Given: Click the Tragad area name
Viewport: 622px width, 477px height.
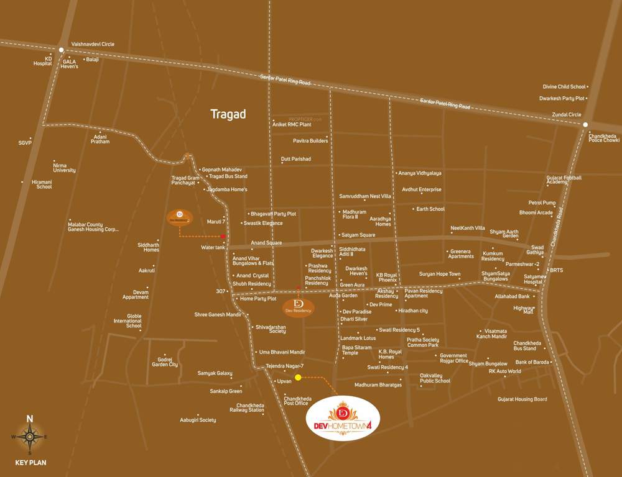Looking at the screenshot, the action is [x=228, y=114].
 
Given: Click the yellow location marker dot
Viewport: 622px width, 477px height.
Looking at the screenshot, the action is [x=298, y=377].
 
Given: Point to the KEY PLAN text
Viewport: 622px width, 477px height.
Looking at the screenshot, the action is [x=30, y=463].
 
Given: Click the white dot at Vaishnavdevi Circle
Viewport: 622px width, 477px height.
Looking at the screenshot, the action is [x=61, y=49].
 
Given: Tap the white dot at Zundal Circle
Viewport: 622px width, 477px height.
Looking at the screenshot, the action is [x=585, y=124].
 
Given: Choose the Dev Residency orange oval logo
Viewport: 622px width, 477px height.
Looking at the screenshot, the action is [x=299, y=306].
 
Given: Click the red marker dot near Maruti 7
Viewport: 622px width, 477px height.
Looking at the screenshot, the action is [x=223, y=236].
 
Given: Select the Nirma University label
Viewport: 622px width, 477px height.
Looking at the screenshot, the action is [x=64, y=168].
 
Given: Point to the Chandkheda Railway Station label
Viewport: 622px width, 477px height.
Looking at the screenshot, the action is [x=247, y=407].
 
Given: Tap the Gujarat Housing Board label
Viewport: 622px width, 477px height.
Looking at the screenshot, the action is [x=522, y=399].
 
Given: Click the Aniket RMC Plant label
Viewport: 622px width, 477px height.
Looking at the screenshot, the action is [x=292, y=125].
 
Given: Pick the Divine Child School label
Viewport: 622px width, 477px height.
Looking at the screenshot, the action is [x=564, y=87].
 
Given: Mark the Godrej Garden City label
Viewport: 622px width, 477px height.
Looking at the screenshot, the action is [x=165, y=362].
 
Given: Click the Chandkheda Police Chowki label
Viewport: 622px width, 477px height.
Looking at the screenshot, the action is [x=604, y=138].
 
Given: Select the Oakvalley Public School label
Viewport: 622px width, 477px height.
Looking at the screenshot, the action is [x=435, y=378].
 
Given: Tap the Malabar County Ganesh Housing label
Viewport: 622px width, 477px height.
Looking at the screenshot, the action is [x=93, y=227].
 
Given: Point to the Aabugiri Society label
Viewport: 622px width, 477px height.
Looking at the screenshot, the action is [x=198, y=420].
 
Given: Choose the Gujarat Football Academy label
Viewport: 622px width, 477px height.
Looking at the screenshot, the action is [x=564, y=179].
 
